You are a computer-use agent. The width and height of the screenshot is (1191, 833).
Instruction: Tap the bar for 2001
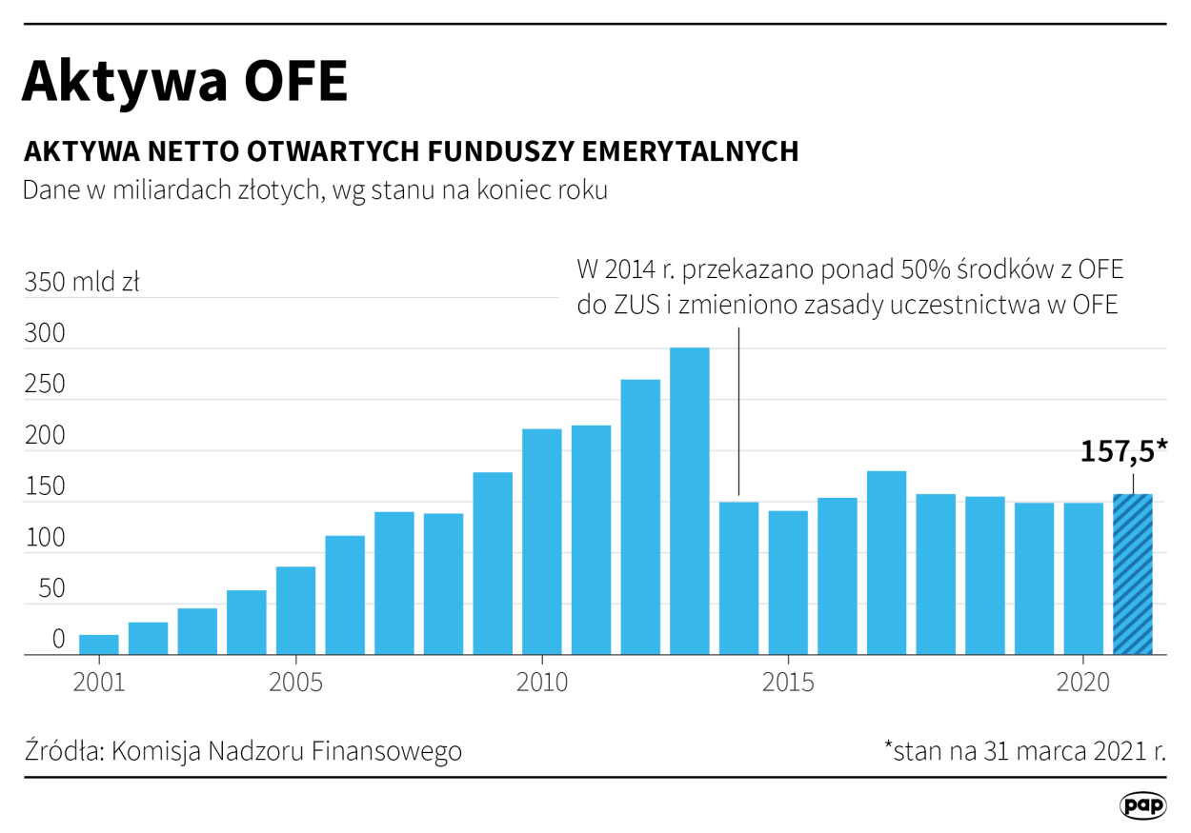(x=99, y=645)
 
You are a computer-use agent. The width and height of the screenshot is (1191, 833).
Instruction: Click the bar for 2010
(x=541, y=542)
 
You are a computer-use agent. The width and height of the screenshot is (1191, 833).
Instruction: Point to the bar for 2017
(x=886, y=563)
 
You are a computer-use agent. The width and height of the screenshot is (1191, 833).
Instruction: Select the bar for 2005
(x=295, y=610)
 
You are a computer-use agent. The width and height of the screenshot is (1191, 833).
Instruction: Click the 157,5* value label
(x=1123, y=452)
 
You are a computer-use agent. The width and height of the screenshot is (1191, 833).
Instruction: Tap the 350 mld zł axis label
(x=82, y=283)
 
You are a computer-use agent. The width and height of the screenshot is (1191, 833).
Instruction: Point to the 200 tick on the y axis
(x=45, y=437)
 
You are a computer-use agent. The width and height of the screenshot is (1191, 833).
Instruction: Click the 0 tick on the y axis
(x=58, y=640)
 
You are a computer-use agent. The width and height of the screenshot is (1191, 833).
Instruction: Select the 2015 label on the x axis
(x=787, y=684)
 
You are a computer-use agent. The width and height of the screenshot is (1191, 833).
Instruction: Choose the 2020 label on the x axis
(x=1082, y=684)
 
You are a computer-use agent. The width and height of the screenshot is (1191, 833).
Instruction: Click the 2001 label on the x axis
(x=100, y=684)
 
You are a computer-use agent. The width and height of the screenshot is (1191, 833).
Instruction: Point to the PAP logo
(x=1142, y=805)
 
